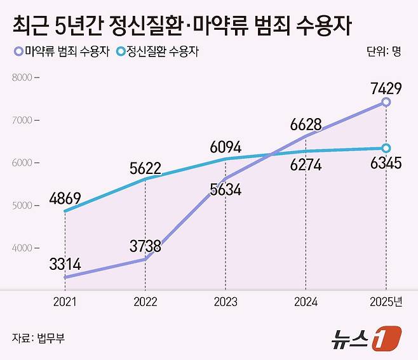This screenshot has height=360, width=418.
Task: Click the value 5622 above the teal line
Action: tap(145, 169)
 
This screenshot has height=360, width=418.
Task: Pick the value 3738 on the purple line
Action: tap(145, 246)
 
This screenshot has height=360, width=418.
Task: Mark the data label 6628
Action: tap(306, 123)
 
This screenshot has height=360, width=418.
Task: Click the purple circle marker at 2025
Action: tap(386, 102)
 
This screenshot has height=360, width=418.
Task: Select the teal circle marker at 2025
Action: tap(386, 149)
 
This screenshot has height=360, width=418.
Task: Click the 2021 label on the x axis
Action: tap(65, 302)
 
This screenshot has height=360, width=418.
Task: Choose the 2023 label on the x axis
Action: tap(225, 302)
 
